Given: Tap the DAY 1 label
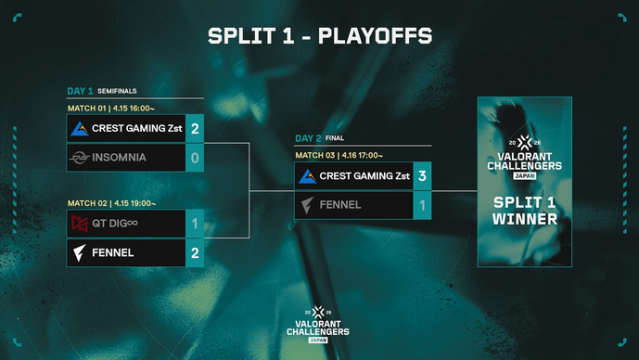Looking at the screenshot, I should pos(80,91).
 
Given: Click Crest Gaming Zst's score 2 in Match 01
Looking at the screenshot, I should pos(195,128).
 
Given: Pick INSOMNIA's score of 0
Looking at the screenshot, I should pos(195,157).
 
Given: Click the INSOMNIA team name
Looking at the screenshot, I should pos(119,158).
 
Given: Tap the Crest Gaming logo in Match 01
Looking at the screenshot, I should pos(80,129).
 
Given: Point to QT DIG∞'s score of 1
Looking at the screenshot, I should pos(195,224).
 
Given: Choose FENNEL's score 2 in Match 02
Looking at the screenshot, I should pos(195,252).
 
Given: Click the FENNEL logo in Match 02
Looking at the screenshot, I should pos(80,252).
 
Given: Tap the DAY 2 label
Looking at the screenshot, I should pos(308,138).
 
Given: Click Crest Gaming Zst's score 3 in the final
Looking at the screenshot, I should pos(423,175).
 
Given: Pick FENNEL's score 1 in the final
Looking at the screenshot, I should pos(423,205).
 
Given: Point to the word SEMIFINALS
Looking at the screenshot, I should pos(118,92).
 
